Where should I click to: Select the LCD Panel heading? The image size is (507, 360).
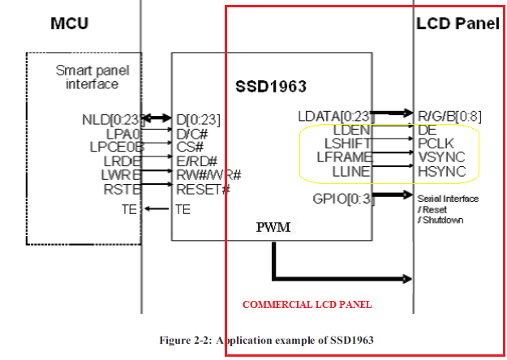click(458, 24)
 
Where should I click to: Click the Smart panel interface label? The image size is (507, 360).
click(87, 77)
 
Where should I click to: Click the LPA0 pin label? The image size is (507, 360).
click(123, 133)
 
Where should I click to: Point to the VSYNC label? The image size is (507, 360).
click(441, 156)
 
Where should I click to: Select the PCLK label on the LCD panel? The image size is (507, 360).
click(437, 143)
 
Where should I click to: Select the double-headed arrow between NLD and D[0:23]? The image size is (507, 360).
click(159, 118)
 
